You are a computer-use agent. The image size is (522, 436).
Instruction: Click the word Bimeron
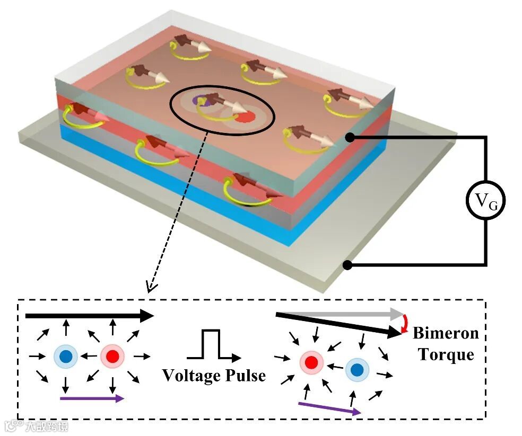446,333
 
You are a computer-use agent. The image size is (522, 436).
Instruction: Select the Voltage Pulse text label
214,376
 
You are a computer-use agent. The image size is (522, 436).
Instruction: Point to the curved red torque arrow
406,323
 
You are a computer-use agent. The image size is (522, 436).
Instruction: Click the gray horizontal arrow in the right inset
340,314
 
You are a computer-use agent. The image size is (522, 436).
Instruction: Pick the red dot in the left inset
112,356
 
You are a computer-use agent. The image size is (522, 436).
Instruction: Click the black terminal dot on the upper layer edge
350,138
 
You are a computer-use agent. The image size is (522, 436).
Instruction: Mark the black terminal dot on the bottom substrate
348,264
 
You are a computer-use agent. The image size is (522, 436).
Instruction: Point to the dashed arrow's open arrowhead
151,289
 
